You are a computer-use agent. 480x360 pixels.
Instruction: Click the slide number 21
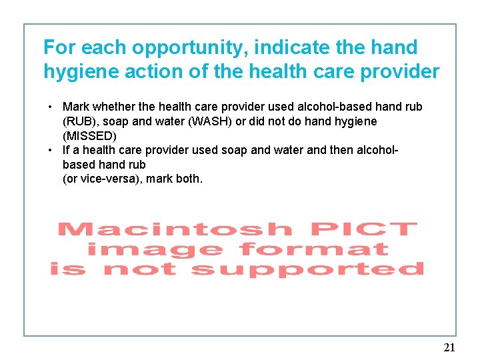point(449,347)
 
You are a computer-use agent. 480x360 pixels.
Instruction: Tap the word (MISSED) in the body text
point(89,135)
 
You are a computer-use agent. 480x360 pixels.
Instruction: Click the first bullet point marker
point(51,107)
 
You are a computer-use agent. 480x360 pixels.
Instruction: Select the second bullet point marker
point(51,150)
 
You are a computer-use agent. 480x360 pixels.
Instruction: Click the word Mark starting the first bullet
point(75,107)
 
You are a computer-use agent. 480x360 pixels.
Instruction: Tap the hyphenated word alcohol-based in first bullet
point(320,107)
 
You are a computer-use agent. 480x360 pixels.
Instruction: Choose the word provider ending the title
point(399,71)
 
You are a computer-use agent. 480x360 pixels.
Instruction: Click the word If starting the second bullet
point(66,150)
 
